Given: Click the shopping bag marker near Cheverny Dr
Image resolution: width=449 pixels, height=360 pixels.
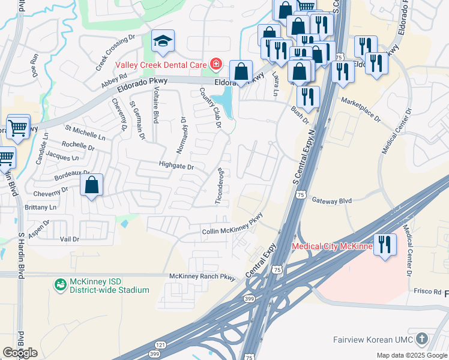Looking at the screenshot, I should tap(91, 185).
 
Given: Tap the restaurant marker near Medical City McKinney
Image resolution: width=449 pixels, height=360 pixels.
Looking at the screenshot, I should tap(385, 245).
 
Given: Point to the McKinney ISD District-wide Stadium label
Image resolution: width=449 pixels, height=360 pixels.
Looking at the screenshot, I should tap(108, 286).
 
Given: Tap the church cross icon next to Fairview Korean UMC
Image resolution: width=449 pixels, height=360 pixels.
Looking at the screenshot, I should tap(422, 339).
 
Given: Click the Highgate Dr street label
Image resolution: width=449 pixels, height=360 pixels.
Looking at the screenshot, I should tap(176, 166).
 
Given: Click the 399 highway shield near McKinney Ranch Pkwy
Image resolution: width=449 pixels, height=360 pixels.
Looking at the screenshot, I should tap(249, 298).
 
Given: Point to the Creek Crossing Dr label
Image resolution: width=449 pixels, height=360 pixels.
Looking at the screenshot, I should tap(116, 53).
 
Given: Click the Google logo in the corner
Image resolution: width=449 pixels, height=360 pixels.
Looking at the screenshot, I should tap(20, 353).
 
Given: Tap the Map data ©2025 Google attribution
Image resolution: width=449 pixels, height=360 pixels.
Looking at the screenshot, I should tap(412, 355).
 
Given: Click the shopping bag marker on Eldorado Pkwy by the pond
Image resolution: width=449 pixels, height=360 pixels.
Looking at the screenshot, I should tap(241, 72).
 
